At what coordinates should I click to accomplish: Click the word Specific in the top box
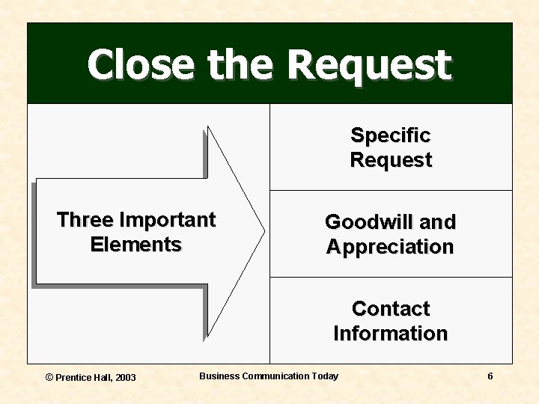(391, 135)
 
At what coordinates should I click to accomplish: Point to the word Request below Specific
(391, 160)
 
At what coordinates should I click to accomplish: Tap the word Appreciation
(390, 247)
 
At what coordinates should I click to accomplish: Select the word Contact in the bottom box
(391, 309)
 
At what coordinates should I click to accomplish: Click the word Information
(390, 334)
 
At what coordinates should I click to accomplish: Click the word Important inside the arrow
(167, 220)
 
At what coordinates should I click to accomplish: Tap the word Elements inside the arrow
(135, 245)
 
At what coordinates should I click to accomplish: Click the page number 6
(490, 376)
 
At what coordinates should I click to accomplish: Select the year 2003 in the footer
(126, 377)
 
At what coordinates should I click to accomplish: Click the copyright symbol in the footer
(49, 377)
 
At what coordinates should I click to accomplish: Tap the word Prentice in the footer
(73, 377)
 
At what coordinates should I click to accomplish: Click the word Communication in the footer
(274, 376)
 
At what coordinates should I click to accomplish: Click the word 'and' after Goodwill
(438, 222)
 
